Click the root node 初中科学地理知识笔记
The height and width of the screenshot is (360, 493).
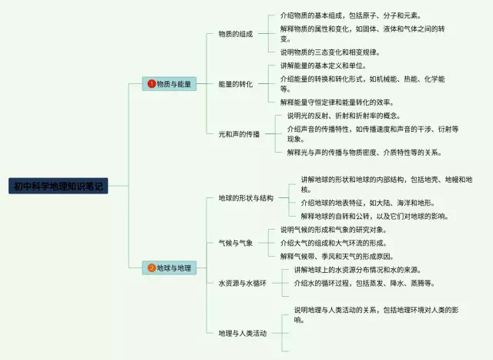59,186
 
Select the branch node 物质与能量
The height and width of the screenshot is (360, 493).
169,83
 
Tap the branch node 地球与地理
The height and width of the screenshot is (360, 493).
169,268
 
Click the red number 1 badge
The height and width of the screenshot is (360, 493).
152,83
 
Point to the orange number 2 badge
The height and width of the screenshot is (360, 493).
152,268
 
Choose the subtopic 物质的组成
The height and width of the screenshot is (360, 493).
235,34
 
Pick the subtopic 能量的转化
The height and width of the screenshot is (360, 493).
235,83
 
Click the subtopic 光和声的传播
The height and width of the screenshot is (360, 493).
240,133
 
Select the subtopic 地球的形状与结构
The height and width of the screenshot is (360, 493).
246,198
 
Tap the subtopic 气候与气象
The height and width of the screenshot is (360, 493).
235,243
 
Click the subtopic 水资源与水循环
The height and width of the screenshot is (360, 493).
242,284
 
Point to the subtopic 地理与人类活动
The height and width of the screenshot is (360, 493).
242,333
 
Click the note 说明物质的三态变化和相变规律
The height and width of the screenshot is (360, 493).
330,52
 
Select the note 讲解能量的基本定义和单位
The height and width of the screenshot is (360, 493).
322,66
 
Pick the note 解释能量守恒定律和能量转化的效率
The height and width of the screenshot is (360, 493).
337,102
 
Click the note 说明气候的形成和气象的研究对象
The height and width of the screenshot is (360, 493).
333,230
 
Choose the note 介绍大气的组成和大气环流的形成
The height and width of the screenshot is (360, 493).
333,243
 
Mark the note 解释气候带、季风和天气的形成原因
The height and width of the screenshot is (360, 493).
337,256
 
